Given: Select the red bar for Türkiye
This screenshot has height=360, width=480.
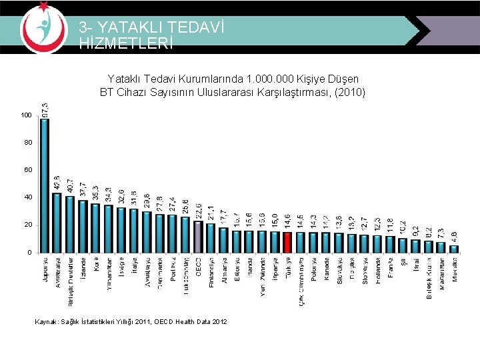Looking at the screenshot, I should (x=287, y=242).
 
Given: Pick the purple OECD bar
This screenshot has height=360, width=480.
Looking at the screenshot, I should (x=198, y=237).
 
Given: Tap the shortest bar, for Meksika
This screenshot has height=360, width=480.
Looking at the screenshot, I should (x=454, y=249).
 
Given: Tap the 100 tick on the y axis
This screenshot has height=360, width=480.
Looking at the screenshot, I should (x=25, y=115).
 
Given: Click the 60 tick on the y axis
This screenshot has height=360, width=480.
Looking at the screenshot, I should (x=27, y=170).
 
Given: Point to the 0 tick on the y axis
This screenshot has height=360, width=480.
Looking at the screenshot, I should (x=29, y=253).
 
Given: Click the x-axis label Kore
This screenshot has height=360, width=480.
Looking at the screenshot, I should (x=96, y=265).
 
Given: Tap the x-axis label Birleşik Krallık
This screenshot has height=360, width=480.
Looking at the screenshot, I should (x=429, y=278).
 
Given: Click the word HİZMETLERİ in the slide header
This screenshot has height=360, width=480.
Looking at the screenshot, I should (x=126, y=43).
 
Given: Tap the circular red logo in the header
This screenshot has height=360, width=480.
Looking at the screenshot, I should (x=43, y=27).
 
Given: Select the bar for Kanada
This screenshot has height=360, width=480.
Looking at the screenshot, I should (x=326, y=242).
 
